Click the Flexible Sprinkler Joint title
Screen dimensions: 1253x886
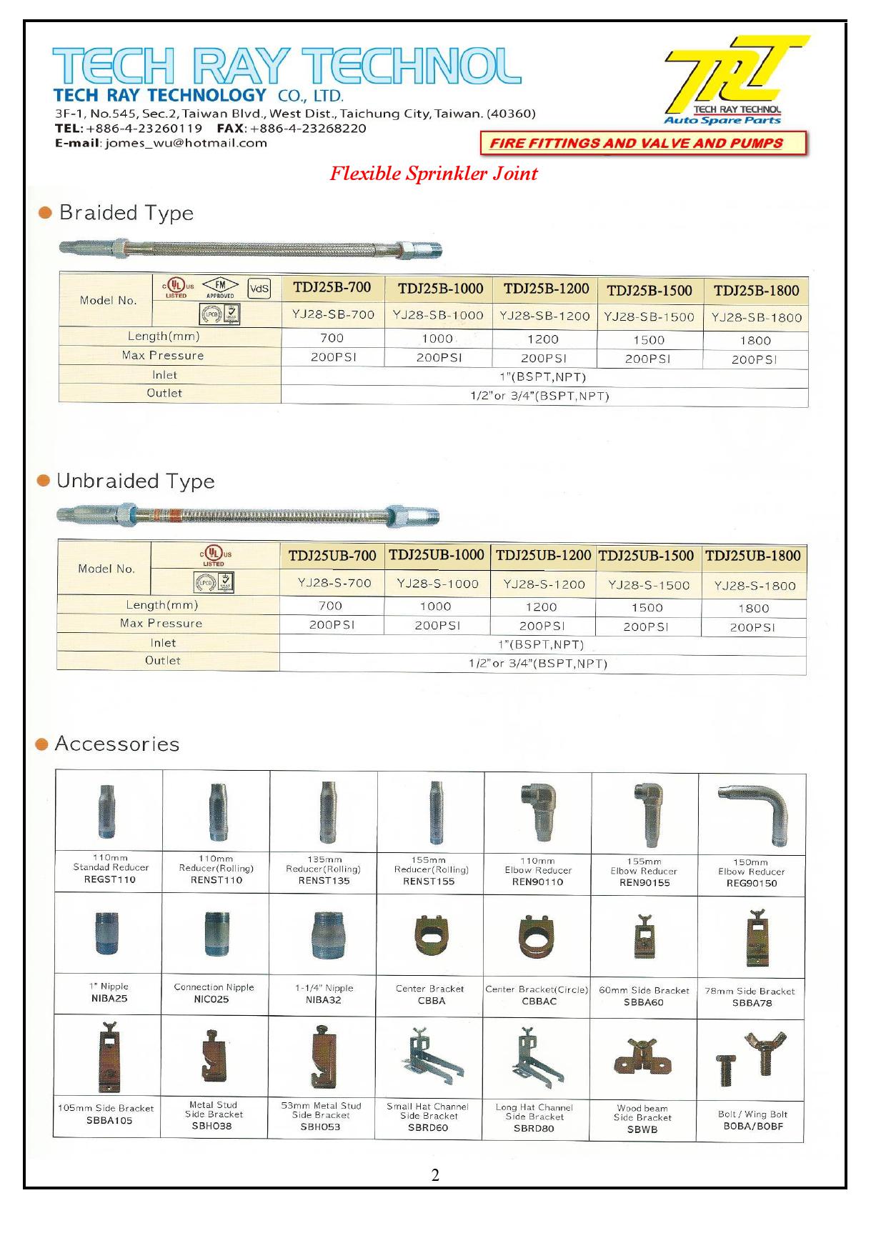tap(434, 174)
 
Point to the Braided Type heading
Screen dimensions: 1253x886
tap(126, 213)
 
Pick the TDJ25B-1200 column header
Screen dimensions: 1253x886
tap(546, 289)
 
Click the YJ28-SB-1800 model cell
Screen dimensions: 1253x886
tap(756, 317)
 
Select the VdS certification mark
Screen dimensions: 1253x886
tap(259, 289)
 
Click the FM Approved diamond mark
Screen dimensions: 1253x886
tap(220, 288)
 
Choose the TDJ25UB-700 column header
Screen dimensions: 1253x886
tap(332, 556)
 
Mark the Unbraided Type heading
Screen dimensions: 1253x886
tap(135, 481)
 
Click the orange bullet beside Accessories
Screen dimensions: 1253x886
tap(42, 744)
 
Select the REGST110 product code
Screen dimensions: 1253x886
tap(109, 879)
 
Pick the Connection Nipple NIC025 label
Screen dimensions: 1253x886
tap(214, 993)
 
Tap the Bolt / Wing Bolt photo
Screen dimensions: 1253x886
tap(751, 1056)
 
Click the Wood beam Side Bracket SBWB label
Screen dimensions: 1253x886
tap(642, 1119)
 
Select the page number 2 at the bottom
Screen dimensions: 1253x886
tap(435, 1175)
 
